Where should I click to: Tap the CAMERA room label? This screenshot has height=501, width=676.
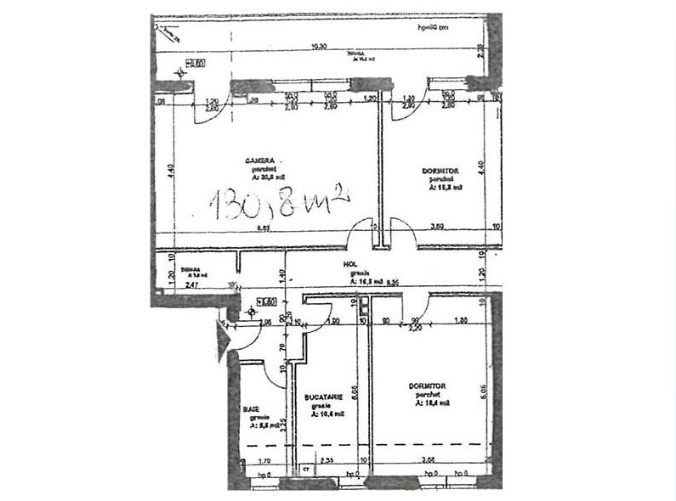click(x=259, y=160)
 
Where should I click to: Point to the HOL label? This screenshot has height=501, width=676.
click(x=349, y=264)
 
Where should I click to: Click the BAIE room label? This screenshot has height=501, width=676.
click(x=251, y=408)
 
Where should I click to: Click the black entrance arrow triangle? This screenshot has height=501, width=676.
click(x=224, y=342)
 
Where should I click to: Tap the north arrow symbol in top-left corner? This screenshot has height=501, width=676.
click(x=167, y=31)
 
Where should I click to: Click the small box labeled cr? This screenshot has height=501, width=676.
click(x=305, y=468)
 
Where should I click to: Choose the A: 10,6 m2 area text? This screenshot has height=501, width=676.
click(x=324, y=414)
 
